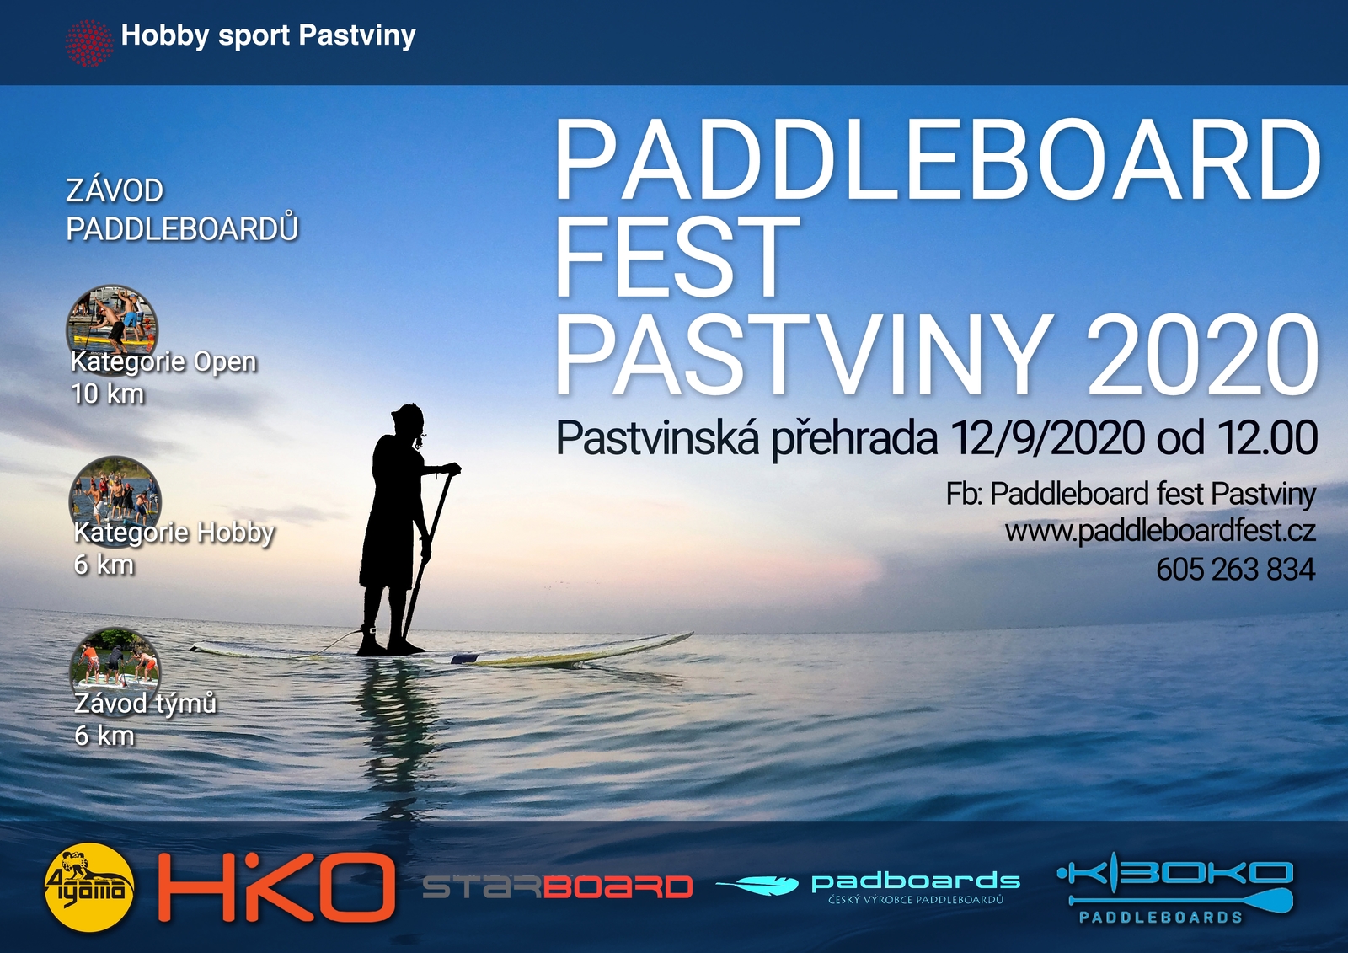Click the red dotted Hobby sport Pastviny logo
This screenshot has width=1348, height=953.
(89, 43)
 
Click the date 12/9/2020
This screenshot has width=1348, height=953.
(1048, 439)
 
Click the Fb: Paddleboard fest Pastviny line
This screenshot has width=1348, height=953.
(1131, 495)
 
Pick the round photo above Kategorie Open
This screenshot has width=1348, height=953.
(112, 322)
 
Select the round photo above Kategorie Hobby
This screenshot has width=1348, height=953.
(115, 493)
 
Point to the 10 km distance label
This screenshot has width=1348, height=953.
(109, 394)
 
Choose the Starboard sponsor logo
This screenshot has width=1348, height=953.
(557, 886)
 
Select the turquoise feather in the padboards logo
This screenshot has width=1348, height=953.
(757, 885)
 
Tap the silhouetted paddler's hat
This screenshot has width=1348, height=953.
(408, 415)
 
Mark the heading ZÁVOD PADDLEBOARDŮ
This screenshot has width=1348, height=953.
(182, 210)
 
